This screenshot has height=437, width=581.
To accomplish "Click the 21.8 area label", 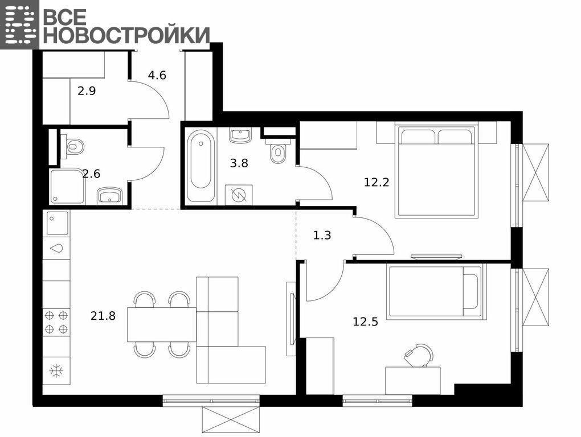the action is click(103, 316).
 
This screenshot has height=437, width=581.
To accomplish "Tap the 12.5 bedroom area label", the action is click(365, 322).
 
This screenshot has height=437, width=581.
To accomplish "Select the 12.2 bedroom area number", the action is click(377, 183).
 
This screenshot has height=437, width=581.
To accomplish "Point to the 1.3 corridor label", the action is click(322, 236).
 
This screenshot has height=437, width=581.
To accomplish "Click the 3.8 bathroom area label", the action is click(239, 163).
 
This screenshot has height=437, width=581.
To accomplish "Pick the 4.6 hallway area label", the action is click(157, 76).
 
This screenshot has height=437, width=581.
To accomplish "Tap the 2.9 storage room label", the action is click(87, 91).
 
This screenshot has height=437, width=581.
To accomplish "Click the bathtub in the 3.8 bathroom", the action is click(201, 166).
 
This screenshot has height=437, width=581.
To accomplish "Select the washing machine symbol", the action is click(239, 195).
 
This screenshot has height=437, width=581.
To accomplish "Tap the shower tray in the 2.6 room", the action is click(67, 187).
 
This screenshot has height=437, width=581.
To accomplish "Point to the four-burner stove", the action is click(56, 322).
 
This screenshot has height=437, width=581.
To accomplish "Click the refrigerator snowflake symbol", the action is click(56, 371).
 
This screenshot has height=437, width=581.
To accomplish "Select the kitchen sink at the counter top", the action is click(58, 223).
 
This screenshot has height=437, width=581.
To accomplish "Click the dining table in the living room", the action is click(162, 324).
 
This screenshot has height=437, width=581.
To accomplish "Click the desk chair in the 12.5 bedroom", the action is click(419, 355).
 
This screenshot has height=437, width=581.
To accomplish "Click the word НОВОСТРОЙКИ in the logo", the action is click(126, 35).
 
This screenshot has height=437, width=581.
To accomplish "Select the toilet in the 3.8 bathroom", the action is click(279, 151).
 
